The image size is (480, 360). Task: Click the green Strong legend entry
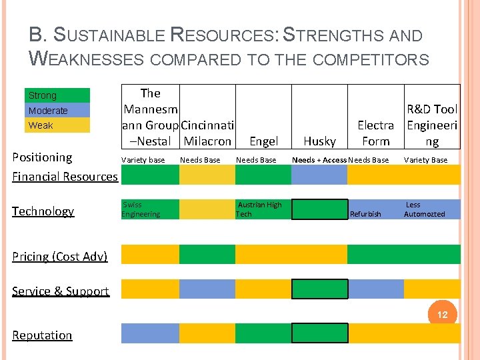57,95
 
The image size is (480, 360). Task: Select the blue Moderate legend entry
57,111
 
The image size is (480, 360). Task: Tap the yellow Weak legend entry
57,125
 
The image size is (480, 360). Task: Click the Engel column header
263,141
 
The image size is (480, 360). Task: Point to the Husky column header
319,141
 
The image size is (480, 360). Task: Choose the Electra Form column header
375,133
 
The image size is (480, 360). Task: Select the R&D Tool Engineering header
432,125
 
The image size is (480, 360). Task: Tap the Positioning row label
42,157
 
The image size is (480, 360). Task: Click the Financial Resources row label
65,177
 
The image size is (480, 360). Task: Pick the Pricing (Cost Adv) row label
59,257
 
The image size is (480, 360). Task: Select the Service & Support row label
60,291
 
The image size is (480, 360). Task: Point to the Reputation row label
42,335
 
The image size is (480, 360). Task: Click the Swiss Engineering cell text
141,209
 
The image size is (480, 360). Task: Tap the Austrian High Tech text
259,209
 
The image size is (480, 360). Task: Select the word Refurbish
365,214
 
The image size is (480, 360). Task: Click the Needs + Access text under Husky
319,160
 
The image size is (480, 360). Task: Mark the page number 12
442,315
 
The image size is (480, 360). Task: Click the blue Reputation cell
149,333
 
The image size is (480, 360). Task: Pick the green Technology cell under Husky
319,209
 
